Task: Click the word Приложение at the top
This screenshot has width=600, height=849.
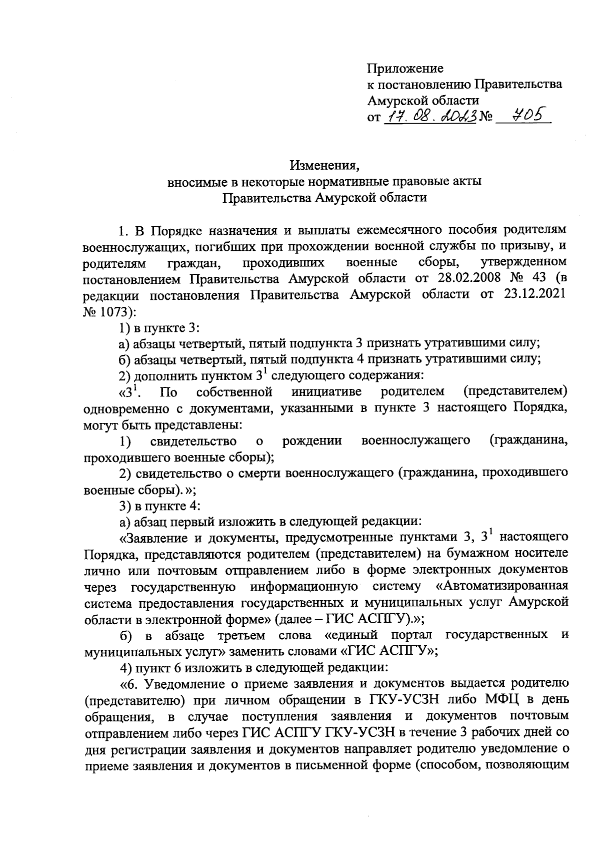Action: point(405,68)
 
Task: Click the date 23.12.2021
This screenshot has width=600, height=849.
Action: point(533,294)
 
